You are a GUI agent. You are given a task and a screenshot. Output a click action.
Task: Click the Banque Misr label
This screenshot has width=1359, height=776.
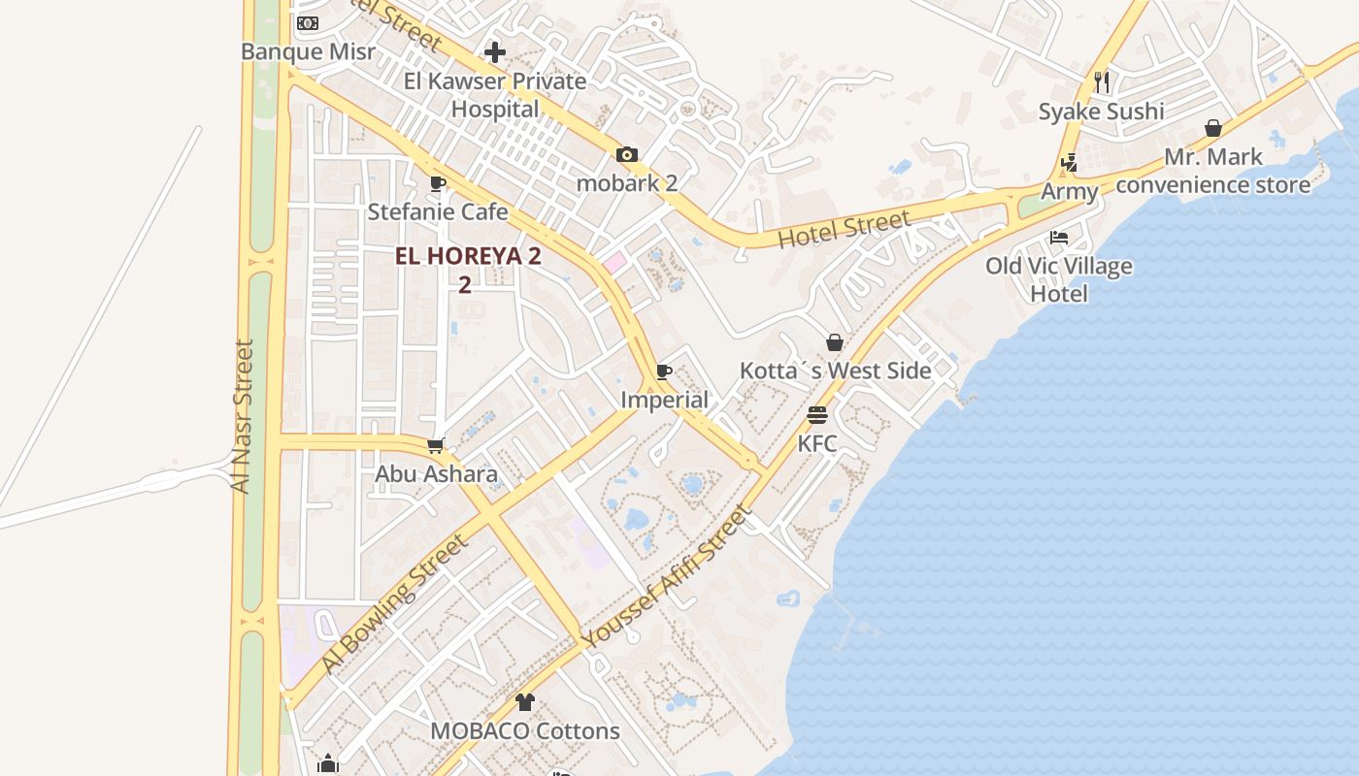[x=308, y=51]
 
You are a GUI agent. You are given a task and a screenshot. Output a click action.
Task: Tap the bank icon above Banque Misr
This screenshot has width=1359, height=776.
[x=308, y=23]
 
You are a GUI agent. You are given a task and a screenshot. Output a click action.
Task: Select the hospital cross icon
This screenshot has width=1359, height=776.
[x=495, y=52]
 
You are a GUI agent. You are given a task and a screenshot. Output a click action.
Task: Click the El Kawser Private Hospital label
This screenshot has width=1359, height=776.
[x=495, y=94]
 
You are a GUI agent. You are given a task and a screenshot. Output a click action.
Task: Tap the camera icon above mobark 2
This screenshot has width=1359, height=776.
[x=627, y=154]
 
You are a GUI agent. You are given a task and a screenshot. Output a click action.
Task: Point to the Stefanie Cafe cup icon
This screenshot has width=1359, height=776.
[x=438, y=183]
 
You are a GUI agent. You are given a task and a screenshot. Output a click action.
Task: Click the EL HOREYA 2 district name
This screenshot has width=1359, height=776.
[x=468, y=257]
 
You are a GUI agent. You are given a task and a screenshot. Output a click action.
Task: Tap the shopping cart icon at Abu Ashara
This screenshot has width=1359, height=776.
[x=436, y=445]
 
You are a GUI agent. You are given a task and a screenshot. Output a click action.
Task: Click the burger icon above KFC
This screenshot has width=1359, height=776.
[x=817, y=415]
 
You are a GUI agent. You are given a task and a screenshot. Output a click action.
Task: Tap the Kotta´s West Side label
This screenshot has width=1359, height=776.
[x=835, y=371]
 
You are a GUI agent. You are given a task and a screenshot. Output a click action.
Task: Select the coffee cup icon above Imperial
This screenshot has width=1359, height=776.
[x=664, y=372]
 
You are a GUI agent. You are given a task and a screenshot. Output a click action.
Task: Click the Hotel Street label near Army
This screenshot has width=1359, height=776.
[x=845, y=229]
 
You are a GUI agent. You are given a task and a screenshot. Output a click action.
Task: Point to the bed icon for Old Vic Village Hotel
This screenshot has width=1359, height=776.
[x=1059, y=238]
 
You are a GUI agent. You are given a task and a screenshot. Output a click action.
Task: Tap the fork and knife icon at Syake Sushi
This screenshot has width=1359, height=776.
[x=1101, y=82]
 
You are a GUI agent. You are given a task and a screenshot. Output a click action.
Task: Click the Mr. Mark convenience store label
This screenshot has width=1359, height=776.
[x=1213, y=170]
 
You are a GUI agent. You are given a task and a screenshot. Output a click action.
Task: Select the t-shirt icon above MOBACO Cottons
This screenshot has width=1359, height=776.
[x=525, y=702]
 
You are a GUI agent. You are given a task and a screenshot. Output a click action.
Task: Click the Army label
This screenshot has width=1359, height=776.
[x=1069, y=191]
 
